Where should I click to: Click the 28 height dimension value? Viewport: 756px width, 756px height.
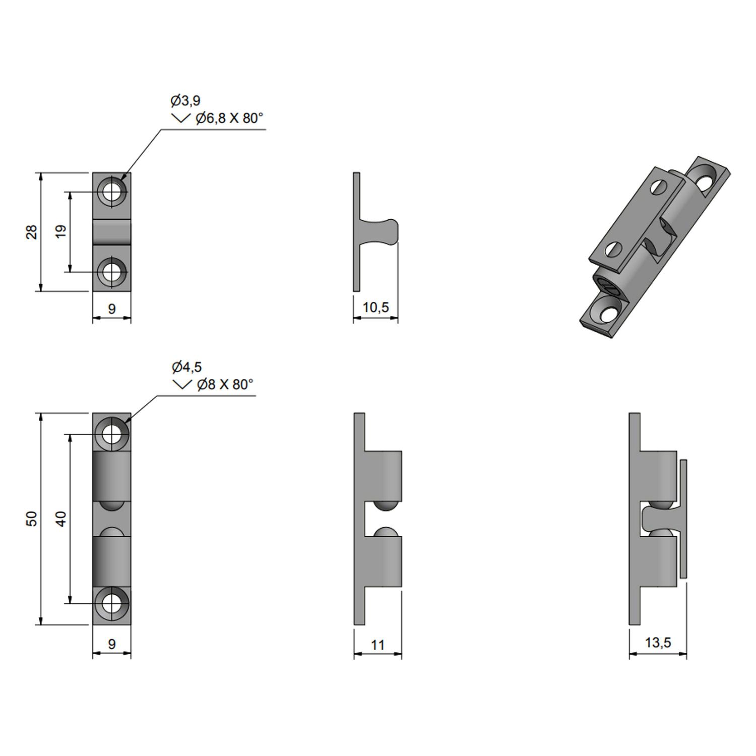click(32, 232)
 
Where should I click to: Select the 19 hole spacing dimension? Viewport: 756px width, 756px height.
click(60, 232)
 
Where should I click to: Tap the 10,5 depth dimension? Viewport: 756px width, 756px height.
click(375, 307)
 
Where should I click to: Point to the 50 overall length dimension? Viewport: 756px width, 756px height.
click(32, 519)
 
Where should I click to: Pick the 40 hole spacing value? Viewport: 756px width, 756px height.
click(60, 519)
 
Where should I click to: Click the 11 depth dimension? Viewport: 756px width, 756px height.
click(377, 645)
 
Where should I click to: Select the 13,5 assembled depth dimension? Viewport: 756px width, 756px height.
click(658, 643)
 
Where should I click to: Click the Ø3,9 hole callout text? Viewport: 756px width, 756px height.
click(185, 101)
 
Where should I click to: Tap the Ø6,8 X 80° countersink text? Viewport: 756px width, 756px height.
click(229, 118)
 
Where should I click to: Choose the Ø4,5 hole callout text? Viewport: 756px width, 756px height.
click(186, 367)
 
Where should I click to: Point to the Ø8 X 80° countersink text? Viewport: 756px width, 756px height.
click(225, 385)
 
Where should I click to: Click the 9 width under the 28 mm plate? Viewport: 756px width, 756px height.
click(112, 308)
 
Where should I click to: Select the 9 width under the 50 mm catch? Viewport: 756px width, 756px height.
click(112, 644)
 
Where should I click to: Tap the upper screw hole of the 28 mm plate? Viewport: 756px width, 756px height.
click(112, 192)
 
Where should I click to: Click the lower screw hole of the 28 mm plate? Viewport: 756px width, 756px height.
click(112, 272)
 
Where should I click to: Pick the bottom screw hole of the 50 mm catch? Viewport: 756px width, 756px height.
click(112, 603)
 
